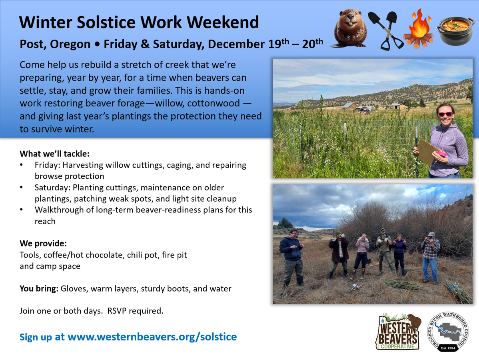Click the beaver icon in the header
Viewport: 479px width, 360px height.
click(350, 28)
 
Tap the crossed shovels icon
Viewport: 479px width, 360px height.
click(386, 30)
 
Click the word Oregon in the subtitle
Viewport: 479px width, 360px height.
click(70, 44)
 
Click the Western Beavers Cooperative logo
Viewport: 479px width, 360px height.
click(398, 332)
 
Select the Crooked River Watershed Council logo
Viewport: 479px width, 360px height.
click(448, 332)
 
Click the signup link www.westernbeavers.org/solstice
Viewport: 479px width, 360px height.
click(152, 337)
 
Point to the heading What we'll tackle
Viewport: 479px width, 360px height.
click(55, 154)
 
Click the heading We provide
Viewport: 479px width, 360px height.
click(43, 244)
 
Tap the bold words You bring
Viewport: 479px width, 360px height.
click(39, 289)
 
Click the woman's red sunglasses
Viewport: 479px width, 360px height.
click(445, 114)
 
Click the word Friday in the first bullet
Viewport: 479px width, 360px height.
click(47, 165)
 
